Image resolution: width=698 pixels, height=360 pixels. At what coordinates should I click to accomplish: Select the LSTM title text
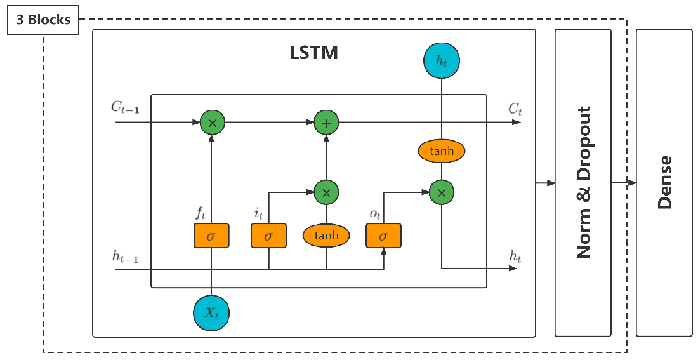[313, 53]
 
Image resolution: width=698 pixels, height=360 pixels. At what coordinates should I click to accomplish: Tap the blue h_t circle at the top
[441, 60]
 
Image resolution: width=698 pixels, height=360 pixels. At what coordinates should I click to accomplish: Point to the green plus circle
[326, 123]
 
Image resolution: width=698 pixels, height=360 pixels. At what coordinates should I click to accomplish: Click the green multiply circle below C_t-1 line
[212, 123]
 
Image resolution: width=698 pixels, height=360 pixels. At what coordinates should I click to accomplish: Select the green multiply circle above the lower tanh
[326, 192]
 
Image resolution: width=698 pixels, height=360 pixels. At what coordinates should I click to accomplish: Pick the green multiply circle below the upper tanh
[441, 192]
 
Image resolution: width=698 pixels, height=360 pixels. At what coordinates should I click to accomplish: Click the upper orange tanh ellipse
[441, 151]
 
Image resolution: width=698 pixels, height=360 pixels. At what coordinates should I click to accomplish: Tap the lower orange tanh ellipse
[326, 236]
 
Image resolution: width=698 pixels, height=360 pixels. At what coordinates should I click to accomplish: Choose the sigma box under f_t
[211, 236]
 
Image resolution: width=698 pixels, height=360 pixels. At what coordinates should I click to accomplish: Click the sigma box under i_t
[268, 236]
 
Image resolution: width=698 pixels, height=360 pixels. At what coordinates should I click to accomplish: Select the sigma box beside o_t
[383, 236]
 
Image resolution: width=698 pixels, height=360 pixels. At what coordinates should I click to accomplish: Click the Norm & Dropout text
[583, 183]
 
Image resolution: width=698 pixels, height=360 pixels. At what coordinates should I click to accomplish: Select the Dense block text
[664, 183]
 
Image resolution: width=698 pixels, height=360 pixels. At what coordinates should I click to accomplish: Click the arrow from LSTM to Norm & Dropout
[545, 183]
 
